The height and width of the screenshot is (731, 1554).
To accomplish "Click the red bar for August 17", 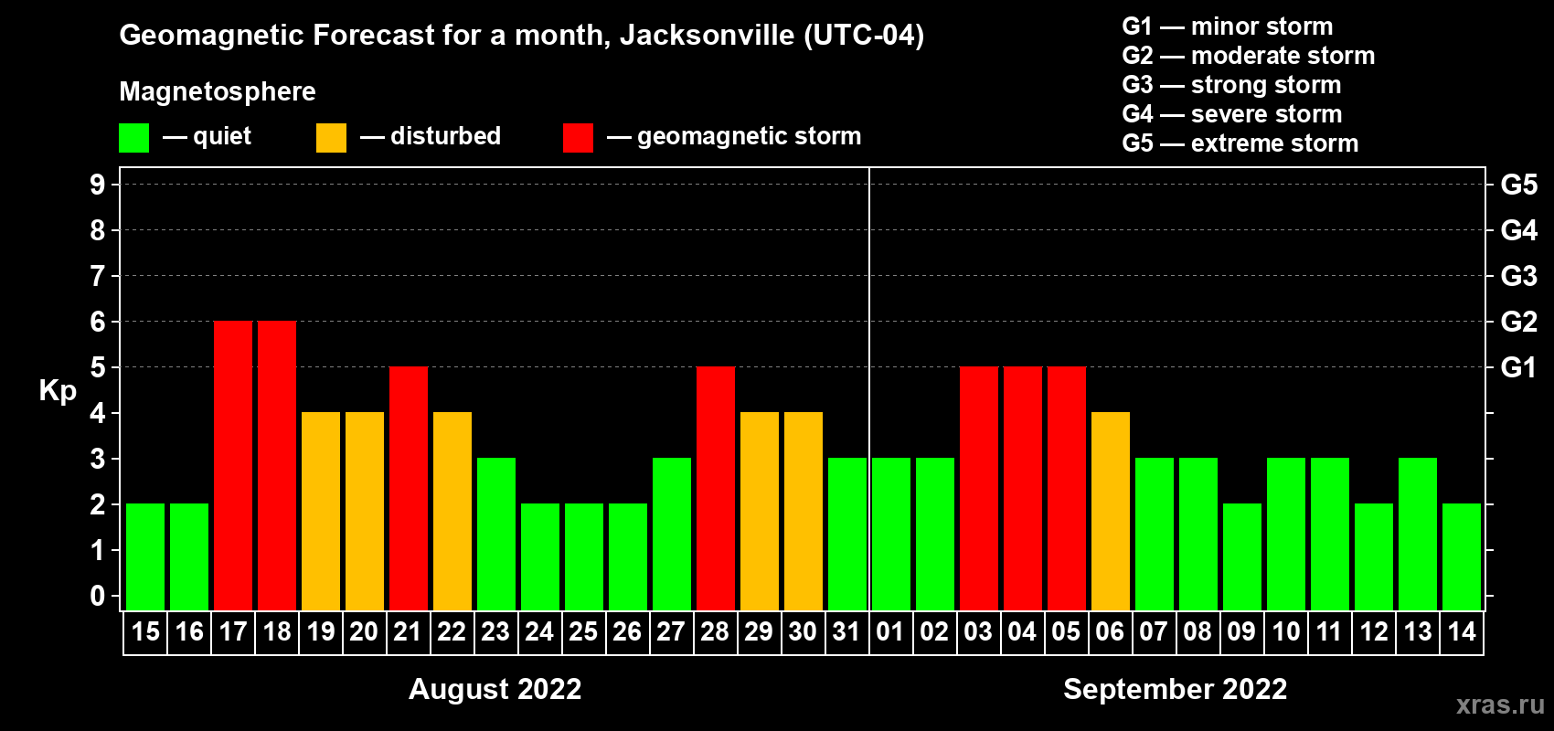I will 233,466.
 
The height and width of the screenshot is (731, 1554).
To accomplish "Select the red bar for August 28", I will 716,489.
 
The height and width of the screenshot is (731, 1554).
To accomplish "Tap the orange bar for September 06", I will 1111,512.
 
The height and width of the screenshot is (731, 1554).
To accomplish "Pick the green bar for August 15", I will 145,557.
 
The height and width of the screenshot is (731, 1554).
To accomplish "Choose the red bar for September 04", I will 1023,489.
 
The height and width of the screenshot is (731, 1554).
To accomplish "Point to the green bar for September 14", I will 1462,557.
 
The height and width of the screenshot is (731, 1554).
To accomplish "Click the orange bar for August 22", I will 452,512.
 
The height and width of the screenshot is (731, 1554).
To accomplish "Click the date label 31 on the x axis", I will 846,632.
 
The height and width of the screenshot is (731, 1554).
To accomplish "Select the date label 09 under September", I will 1241,632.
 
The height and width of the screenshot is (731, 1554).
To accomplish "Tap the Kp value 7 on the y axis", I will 98,276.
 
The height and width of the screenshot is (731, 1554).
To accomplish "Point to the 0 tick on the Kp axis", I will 98,597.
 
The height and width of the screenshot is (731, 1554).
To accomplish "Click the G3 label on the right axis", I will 1518,276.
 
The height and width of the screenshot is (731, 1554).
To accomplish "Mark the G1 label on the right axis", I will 1518,367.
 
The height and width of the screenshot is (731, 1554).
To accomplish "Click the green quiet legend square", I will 134,138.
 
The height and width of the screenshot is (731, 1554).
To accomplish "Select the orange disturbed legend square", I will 331,138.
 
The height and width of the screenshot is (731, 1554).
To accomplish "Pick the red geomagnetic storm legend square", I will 578,138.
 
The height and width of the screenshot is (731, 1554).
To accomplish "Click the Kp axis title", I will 58,391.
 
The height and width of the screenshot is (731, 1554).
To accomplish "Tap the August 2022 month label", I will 495,689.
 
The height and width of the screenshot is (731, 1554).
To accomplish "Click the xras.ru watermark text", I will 1500,705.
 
